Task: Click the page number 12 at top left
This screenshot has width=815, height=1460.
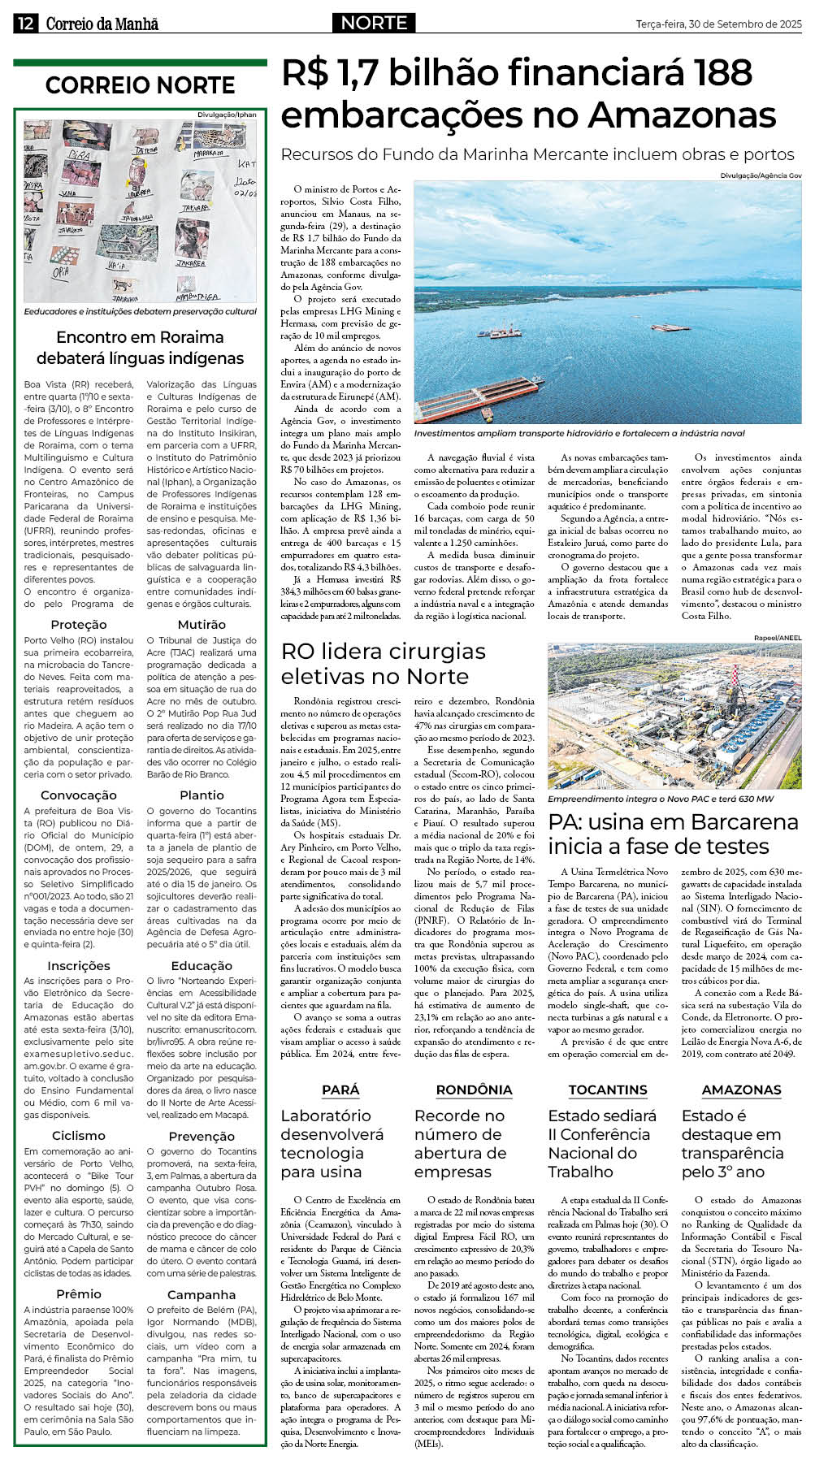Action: [x=24, y=24]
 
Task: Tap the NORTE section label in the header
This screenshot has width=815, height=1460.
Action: [x=374, y=23]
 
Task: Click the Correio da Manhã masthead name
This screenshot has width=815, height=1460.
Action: [x=102, y=24]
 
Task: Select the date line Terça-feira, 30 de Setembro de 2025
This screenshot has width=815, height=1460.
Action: [x=718, y=24]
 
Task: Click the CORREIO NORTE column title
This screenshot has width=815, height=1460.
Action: [x=140, y=85]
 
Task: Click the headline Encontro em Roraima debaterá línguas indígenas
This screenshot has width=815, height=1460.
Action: [x=140, y=348]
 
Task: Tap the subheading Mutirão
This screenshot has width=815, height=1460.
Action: [x=202, y=624]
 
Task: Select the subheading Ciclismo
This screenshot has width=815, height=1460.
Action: [x=79, y=1135]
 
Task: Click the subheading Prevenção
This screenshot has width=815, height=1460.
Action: [x=202, y=1136]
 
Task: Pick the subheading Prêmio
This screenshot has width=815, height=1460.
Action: [x=79, y=1293]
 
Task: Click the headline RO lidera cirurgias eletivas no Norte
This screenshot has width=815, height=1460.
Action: [x=383, y=664]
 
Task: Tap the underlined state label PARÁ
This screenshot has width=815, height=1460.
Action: [x=340, y=1090]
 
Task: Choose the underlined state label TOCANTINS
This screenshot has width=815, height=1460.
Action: [x=608, y=1090]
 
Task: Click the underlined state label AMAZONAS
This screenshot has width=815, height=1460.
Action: [x=741, y=1090]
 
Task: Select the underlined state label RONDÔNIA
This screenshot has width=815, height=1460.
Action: [x=474, y=1090]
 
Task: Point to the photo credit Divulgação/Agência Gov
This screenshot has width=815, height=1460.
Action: [x=761, y=175]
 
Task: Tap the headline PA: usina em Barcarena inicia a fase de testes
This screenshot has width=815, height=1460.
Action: [x=674, y=834]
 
